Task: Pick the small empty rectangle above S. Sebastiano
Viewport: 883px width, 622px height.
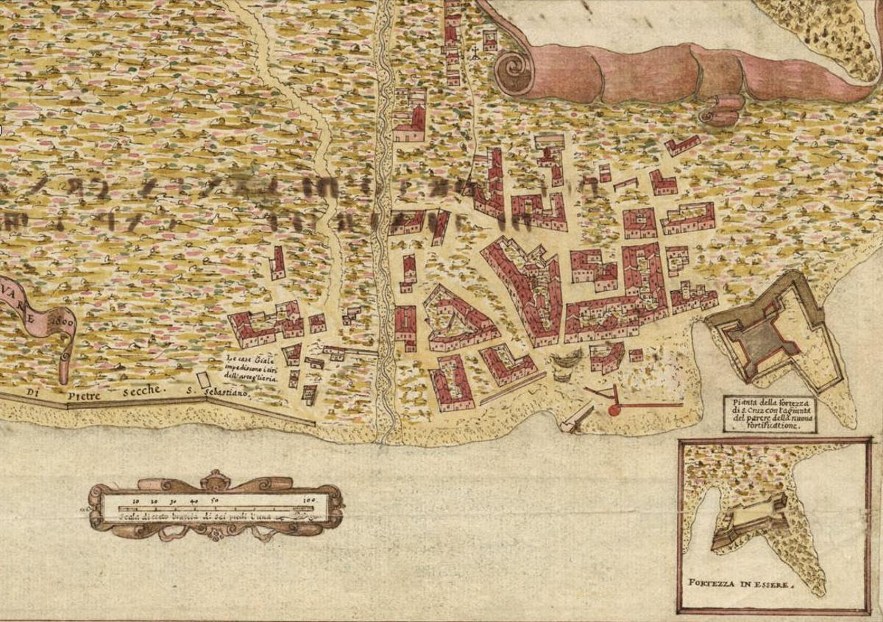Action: click(x=203, y=379)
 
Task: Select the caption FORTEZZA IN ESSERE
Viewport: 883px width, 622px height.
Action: click(x=742, y=587)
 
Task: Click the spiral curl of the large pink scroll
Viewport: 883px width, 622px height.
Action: click(x=514, y=72)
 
